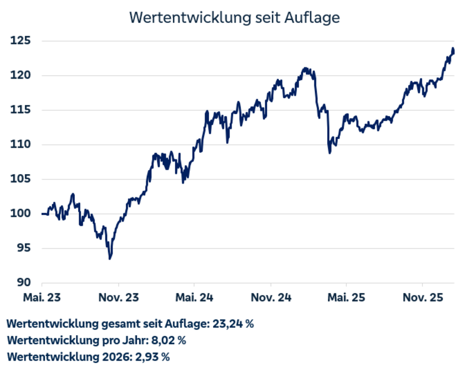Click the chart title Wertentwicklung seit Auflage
[234, 17]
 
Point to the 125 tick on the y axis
[20, 41]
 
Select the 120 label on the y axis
[20, 75]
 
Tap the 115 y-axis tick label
[20, 110]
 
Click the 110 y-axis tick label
[20, 144]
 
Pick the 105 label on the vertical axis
[20, 179]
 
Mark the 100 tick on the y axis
[20, 213]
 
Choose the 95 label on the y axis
[23, 248]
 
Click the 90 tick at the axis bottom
[23, 282]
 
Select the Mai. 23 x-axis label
[42, 297]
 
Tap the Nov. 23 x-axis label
[118, 297]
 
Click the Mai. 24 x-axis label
[194, 297]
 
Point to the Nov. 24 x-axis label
[270, 297]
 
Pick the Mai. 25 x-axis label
[346, 297]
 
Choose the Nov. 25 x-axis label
[423, 297]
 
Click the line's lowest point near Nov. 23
[110, 258]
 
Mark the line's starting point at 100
[43, 213]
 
